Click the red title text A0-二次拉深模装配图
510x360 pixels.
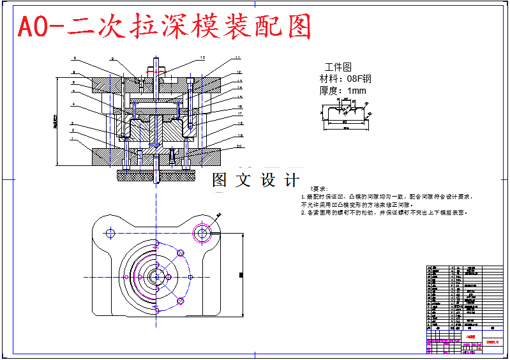[x=165, y=27]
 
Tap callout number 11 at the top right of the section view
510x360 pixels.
[x=237, y=58]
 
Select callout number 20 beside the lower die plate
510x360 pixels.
[x=239, y=146]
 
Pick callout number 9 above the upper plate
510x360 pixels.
[x=112, y=59]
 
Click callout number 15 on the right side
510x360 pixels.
[x=239, y=97]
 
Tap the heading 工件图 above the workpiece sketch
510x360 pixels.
[x=338, y=66]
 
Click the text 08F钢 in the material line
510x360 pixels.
[x=359, y=79]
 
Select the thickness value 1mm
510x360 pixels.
[x=358, y=91]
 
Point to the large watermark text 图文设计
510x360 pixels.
[x=255, y=181]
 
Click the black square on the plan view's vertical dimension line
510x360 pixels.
[x=241, y=275]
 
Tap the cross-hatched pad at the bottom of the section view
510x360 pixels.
[x=157, y=174]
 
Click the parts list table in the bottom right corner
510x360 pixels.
[x=464, y=307]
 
